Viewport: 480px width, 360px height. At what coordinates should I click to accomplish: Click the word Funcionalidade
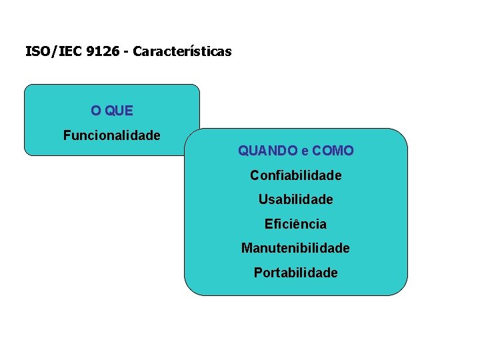coord(111,136)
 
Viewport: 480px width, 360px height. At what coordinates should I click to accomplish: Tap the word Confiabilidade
coord(295,175)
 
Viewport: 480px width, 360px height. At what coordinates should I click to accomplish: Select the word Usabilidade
coord(295,199)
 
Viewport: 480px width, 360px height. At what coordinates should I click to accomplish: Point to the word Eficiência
coord(295,224)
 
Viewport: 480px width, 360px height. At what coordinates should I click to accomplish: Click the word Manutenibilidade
coord(295,248)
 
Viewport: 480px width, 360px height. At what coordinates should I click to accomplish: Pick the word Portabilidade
coord(295,273)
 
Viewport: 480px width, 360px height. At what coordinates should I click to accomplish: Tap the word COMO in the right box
coord(333,151)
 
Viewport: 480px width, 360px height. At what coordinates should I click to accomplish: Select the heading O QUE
coord(112,111)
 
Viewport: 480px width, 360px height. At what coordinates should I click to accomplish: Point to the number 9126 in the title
coord(97,51)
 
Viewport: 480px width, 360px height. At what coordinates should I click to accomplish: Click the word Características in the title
coord(182,51)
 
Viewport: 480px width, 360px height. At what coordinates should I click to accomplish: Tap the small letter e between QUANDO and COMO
coord(305,152)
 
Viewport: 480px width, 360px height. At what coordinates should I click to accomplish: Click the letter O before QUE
coord(96,111)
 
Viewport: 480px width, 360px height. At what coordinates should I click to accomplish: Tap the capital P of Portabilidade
coord(258,273)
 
